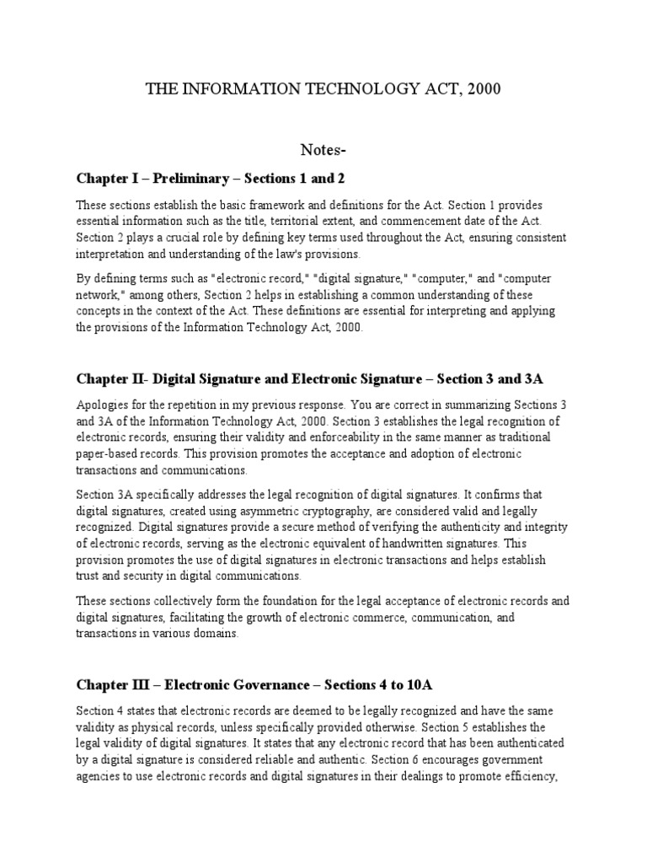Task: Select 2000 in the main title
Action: pyautogui.click(x=482, y=88)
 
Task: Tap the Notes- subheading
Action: pyautogui.click(x=323, y=150)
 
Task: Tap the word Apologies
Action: pyautogui.click(x=103, y=405)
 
